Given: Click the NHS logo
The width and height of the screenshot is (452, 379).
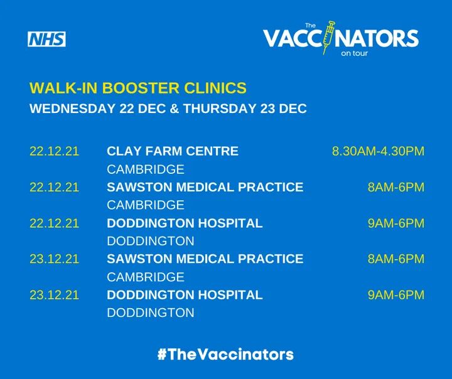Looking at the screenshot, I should point(46,39).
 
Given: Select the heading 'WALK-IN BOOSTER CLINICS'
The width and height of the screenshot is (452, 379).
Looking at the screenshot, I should point(137,88).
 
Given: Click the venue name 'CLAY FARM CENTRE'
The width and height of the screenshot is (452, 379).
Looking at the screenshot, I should point(173,151).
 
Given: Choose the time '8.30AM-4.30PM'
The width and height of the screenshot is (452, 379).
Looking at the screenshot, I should point(378,151).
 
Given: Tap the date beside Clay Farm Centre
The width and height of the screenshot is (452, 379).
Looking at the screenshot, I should point(54,151).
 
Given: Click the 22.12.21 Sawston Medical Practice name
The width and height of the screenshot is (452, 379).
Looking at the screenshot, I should point(205,187).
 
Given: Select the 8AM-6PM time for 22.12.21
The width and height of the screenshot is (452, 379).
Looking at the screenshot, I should point(396,187).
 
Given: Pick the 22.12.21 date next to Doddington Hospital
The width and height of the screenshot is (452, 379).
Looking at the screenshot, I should point(54,223).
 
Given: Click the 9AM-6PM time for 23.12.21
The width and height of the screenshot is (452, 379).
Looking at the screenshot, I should point(396,295).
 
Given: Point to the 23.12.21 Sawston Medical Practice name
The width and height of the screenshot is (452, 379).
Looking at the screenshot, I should point(205,259).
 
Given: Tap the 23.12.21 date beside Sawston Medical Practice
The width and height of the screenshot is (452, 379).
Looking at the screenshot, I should point(54,259).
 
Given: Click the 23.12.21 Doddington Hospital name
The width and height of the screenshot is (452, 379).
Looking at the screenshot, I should point(185,295).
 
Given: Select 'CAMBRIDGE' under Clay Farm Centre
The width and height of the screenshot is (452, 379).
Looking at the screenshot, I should point(146,169).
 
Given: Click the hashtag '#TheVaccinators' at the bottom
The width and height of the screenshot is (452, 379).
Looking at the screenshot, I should point(225,354).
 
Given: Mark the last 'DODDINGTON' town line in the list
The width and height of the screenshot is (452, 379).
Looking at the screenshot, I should point(151,312).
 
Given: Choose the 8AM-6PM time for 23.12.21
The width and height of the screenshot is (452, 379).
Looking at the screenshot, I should point(396,259).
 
